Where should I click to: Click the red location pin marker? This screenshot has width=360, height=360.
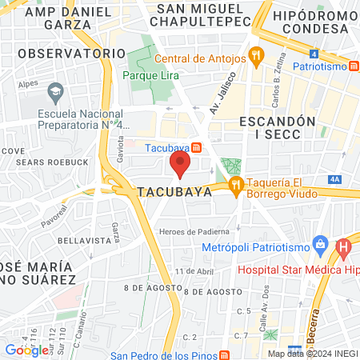180,165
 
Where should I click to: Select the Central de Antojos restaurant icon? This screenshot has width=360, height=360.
256,57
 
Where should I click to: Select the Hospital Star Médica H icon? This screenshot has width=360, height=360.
344,247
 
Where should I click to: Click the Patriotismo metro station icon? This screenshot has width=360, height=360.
353,66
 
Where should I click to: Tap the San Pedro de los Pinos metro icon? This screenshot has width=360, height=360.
225,355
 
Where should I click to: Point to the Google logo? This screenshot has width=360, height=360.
26,350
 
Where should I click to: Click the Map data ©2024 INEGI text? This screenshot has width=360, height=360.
312,354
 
